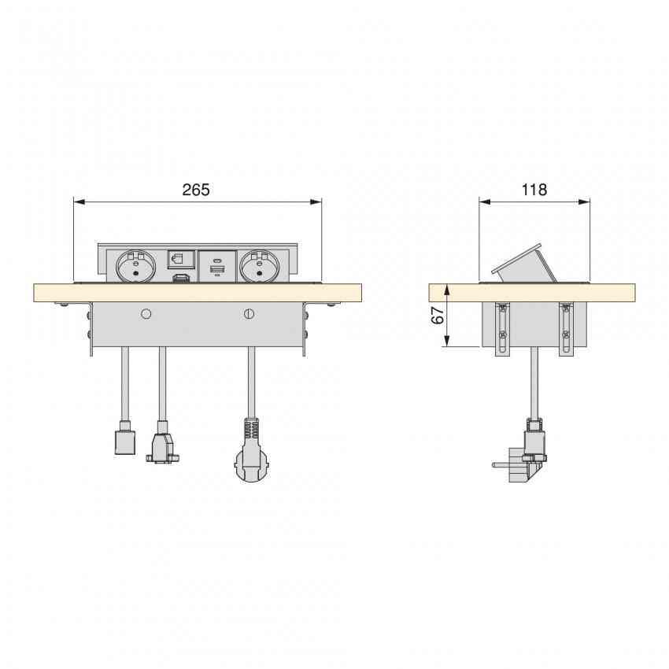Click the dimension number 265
pos(196,190)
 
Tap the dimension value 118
pos(534,190)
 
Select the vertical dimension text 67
pos(438,315)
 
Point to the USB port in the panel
pos(216,272)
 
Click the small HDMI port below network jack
pos(180,279)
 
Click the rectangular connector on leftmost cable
pos(124,441)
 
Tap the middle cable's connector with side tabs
pos(161,446)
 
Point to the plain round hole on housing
pos(145,314)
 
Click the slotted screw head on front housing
pos(249,314)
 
